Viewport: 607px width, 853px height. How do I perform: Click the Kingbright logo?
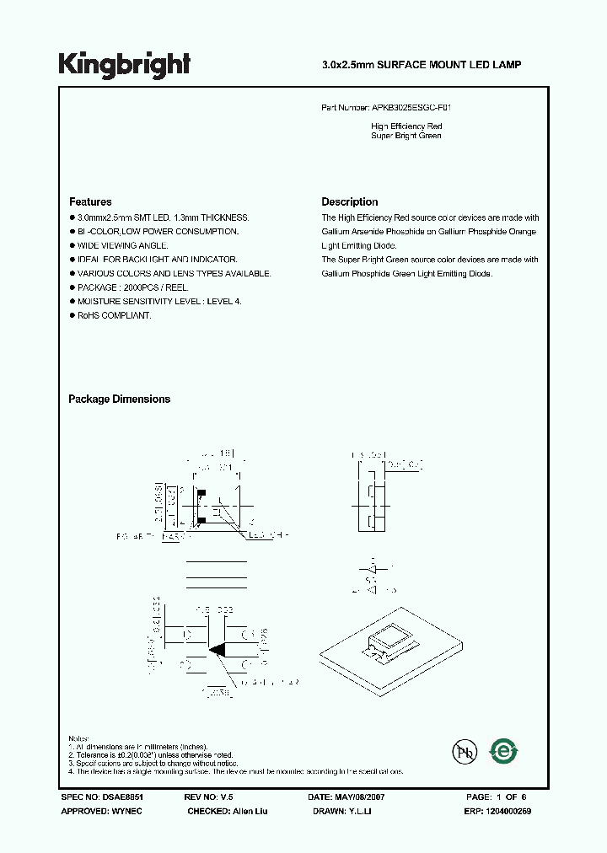click(x=124, y=64)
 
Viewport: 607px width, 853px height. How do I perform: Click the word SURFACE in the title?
click(x=395, y=64)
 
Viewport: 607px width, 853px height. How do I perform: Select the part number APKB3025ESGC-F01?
click(x=416, y=109)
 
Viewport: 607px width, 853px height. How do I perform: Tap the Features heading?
click(x=90, y=202)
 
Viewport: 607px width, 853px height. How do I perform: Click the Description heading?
click(x=349, y=202)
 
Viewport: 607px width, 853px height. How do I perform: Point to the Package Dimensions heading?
click(x=119, y=400)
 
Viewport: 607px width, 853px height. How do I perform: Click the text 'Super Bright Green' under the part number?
click(x=406, y=136)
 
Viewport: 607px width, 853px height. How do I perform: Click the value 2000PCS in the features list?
click(x=133, y=287)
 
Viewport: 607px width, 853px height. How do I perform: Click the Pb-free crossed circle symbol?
click(x=463, y=752)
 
